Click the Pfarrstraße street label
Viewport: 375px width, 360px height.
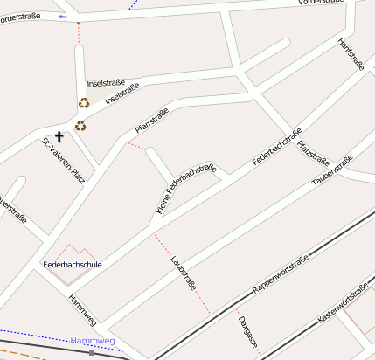coord(151,121)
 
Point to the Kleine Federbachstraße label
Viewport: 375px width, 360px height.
coord(186,188)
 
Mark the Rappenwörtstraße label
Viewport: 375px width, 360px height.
coord(281,274)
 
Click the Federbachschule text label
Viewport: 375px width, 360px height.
coord(73,264)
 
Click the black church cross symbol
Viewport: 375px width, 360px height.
coord(59,136)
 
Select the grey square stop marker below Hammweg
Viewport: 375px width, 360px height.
coord(91,354)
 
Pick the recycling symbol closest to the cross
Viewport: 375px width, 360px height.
coord(80,126)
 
